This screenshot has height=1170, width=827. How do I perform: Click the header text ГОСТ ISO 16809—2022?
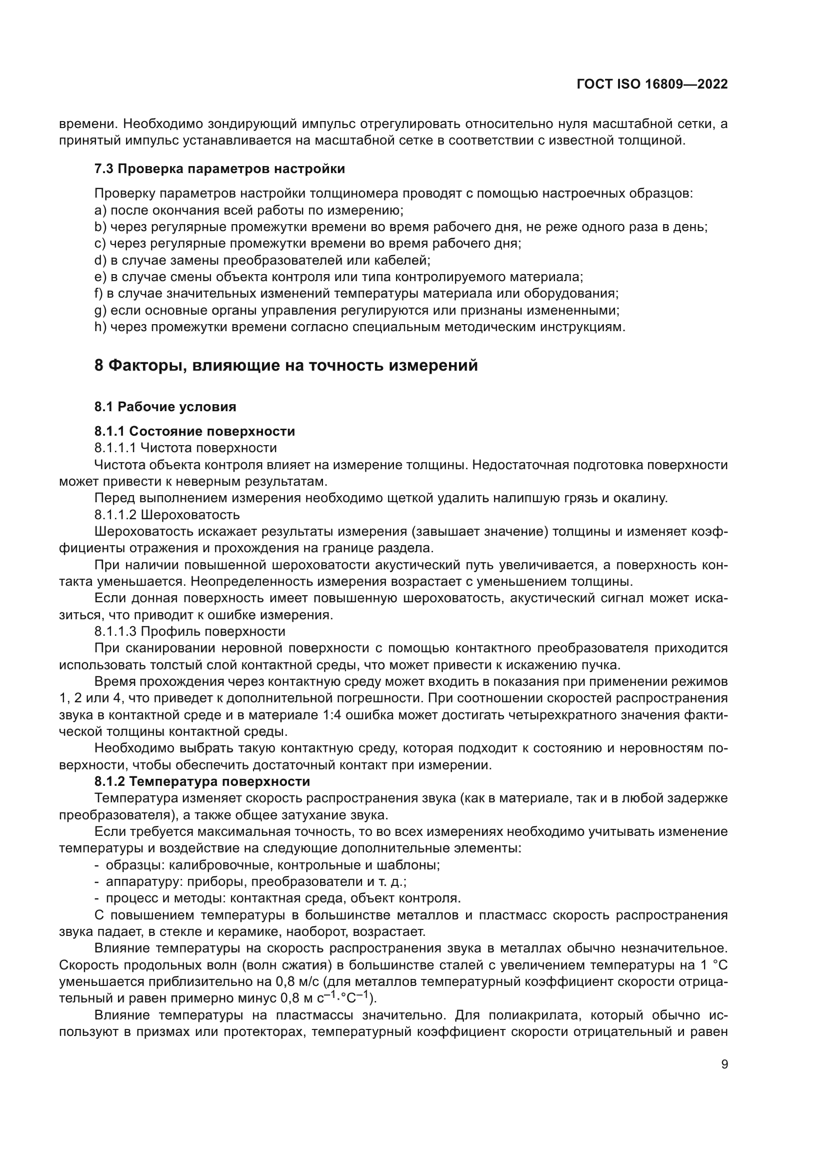coord(652,84)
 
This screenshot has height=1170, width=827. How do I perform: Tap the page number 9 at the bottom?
coord(724,1064)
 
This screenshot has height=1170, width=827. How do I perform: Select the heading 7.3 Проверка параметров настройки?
coord(219,169)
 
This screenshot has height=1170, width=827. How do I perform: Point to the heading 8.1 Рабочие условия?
coord(165,406)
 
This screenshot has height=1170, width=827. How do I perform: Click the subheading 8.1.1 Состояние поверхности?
coord(194,431)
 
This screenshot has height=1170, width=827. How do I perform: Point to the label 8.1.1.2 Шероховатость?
coord(167,515)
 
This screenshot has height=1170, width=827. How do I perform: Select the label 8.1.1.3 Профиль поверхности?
coord(189,631)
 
